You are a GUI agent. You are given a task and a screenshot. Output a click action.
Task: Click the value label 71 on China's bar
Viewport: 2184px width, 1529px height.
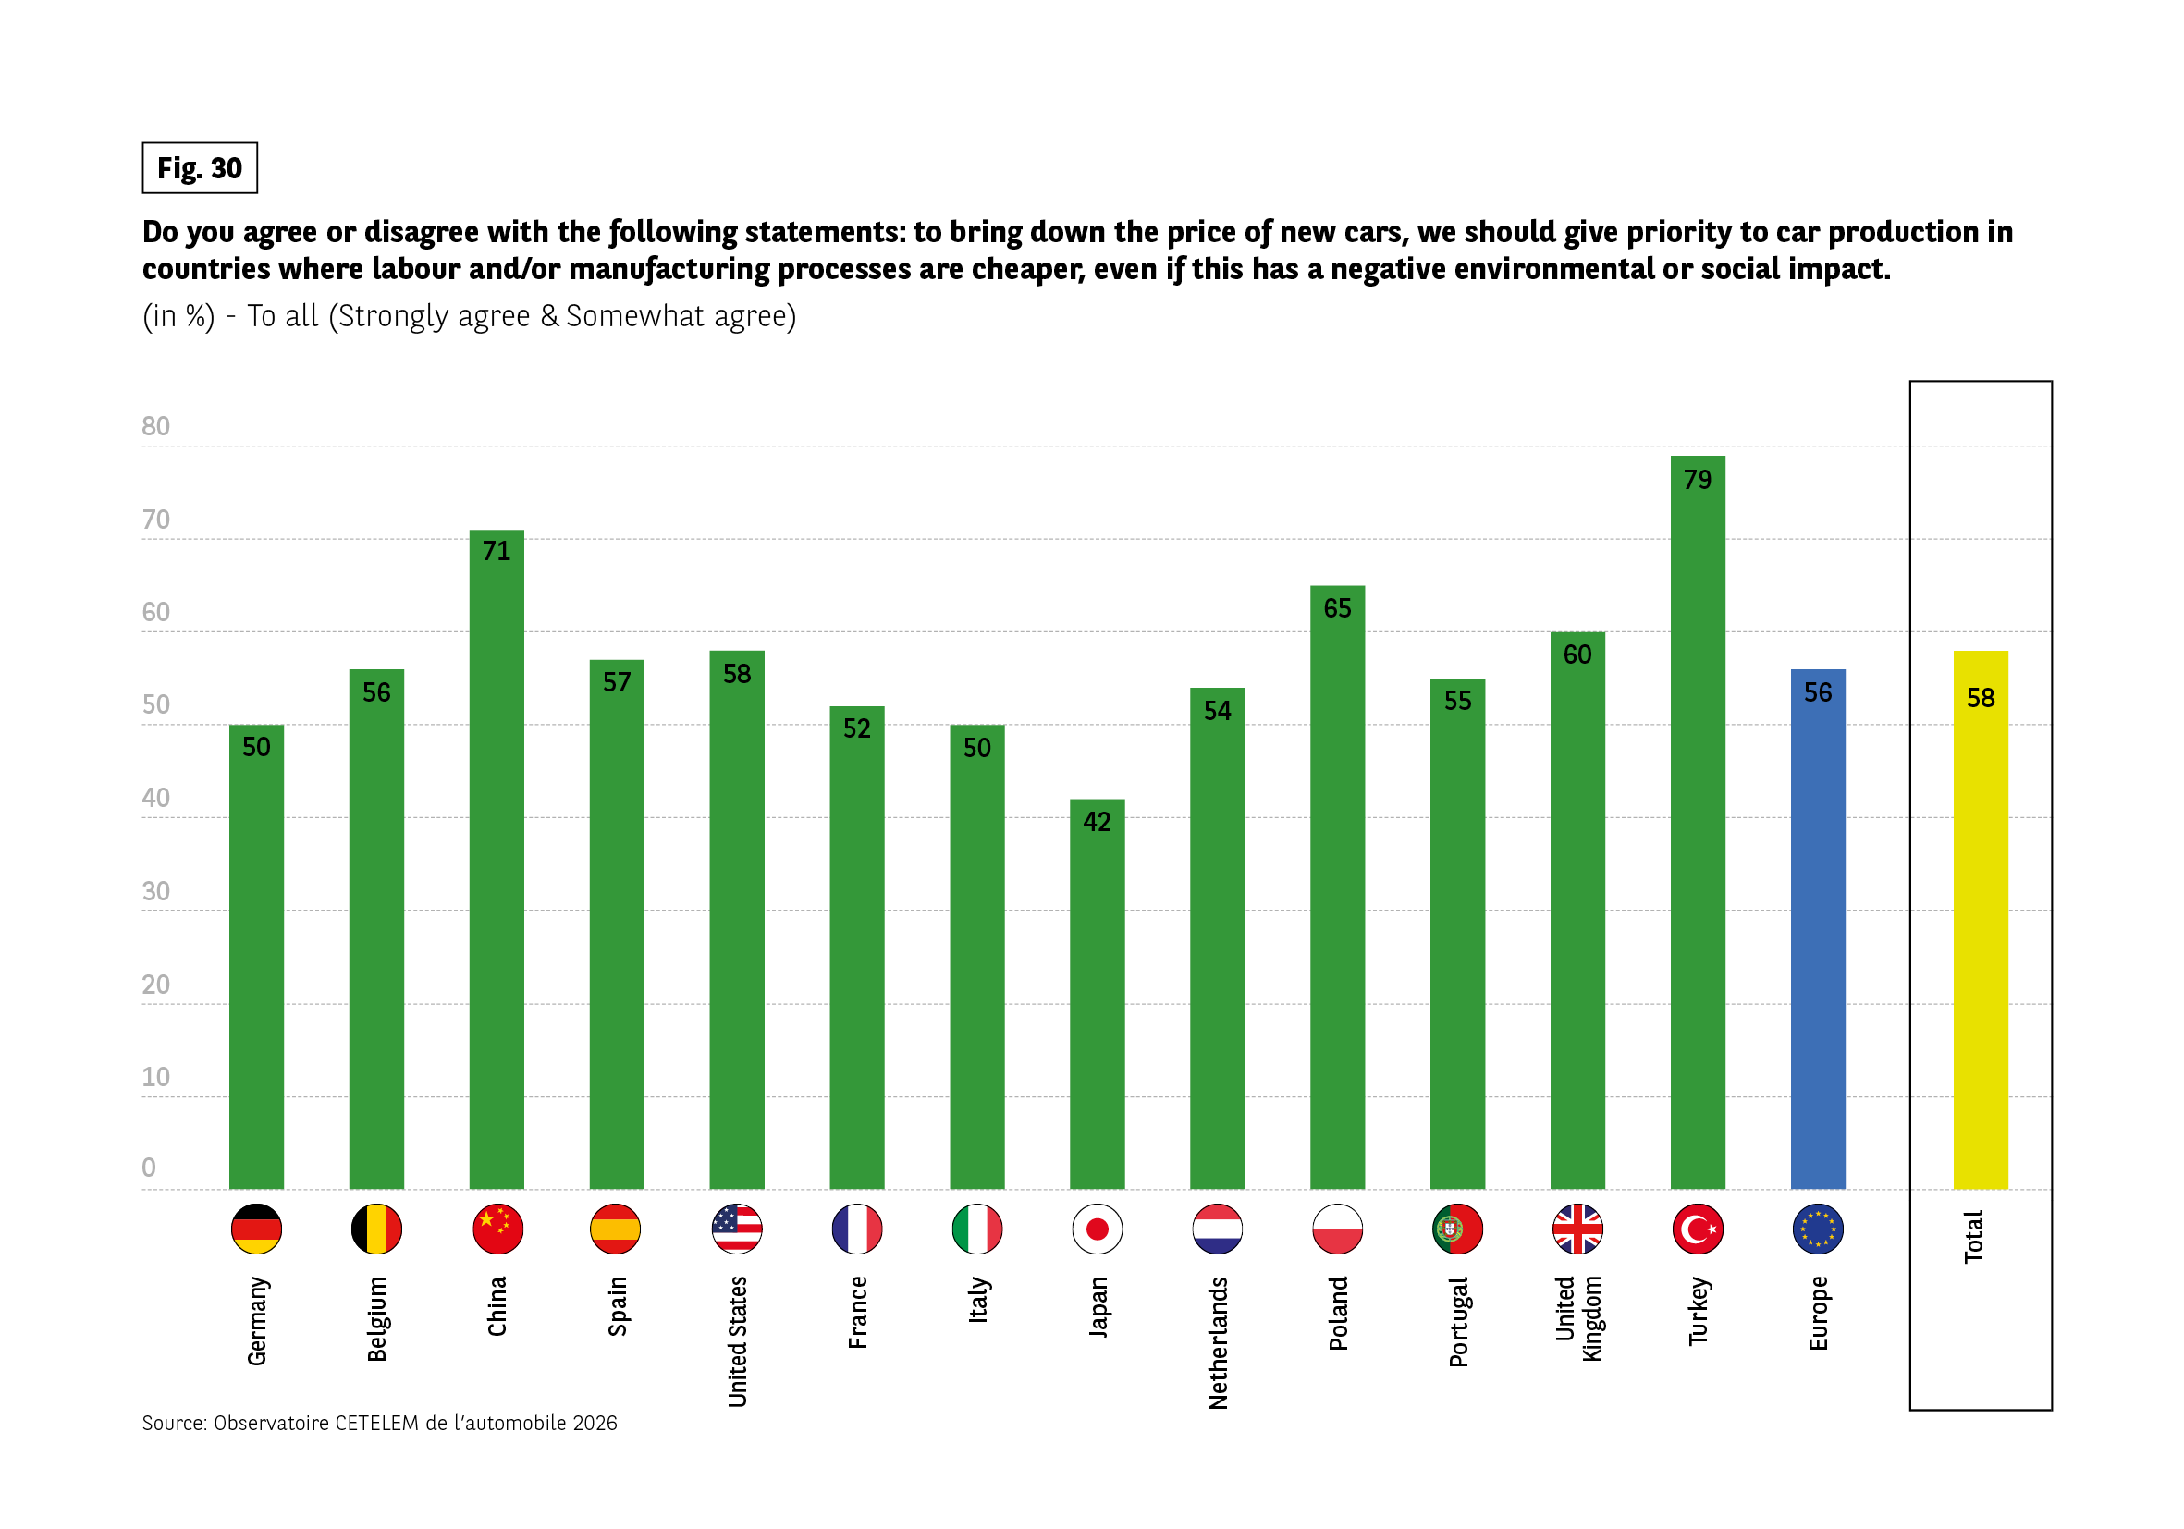tap(496, 551)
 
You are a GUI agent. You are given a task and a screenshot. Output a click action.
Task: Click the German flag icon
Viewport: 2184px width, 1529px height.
tap(256, 1229)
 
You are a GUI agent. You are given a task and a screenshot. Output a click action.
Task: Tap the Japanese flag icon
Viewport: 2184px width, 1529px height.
tap(1097, 1229)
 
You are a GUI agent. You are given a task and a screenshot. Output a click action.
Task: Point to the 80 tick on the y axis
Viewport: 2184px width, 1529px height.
tap(156, 426)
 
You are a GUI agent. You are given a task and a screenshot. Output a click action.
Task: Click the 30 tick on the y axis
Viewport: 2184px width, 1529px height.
tap(156, 891)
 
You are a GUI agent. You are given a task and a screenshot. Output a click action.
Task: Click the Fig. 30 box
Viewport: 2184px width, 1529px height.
tap(200, 168)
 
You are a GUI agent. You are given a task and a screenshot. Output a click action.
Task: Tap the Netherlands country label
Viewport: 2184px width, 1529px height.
tap(1218, 1341)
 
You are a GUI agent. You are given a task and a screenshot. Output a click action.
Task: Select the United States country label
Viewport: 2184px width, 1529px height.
tap(737, 1340)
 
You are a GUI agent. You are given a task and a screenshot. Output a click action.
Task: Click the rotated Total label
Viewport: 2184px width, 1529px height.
tap(1974, 1236)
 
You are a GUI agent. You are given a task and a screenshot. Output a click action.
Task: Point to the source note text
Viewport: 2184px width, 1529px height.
tap(379, 1423)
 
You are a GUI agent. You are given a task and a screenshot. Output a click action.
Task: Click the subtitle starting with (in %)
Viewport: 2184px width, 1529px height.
tap(469, 315)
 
